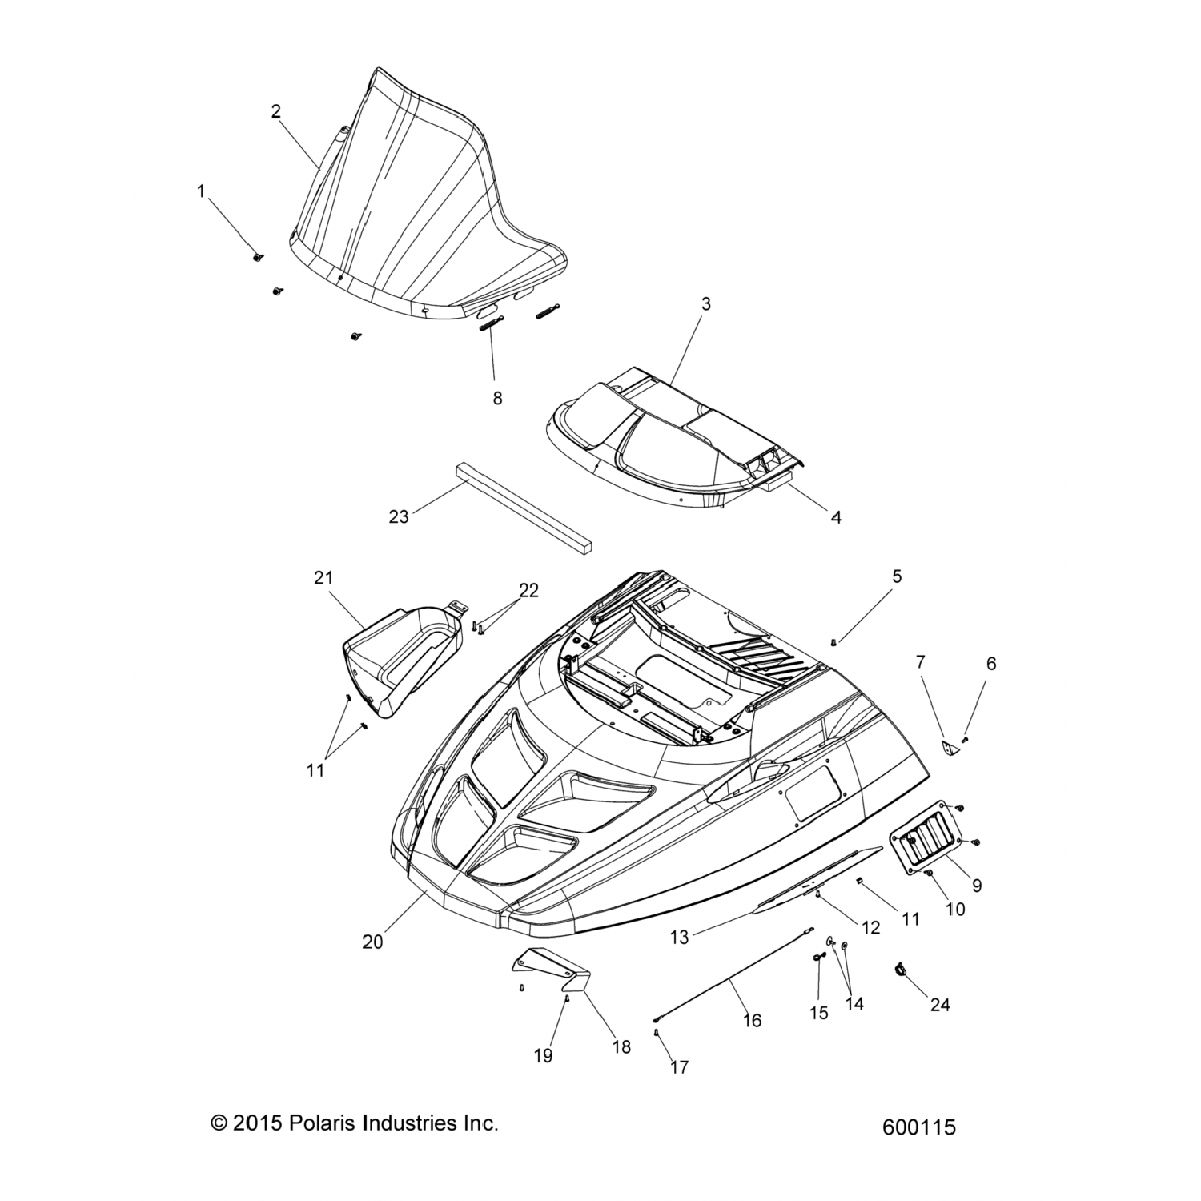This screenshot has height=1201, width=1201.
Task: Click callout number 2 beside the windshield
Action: (275, 112)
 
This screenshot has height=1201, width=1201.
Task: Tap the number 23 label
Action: (399, 517)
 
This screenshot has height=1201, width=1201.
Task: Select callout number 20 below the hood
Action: (372, 942)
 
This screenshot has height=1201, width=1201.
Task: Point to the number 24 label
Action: (939, 1004)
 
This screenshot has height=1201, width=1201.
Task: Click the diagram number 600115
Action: (918, 1127)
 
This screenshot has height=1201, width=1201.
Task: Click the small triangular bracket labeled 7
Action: (948, 748)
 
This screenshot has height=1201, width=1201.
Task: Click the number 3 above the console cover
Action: (705, 304)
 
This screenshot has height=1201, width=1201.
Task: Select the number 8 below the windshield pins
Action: (497, 398)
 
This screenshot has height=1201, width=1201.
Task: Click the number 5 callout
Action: (897, 576)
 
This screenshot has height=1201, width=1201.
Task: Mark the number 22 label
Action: (528, 591)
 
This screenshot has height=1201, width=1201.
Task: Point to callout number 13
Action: (679, 938)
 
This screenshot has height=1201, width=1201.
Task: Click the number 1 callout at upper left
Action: (201, 191)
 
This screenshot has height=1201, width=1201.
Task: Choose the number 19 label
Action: (543, 1057)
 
